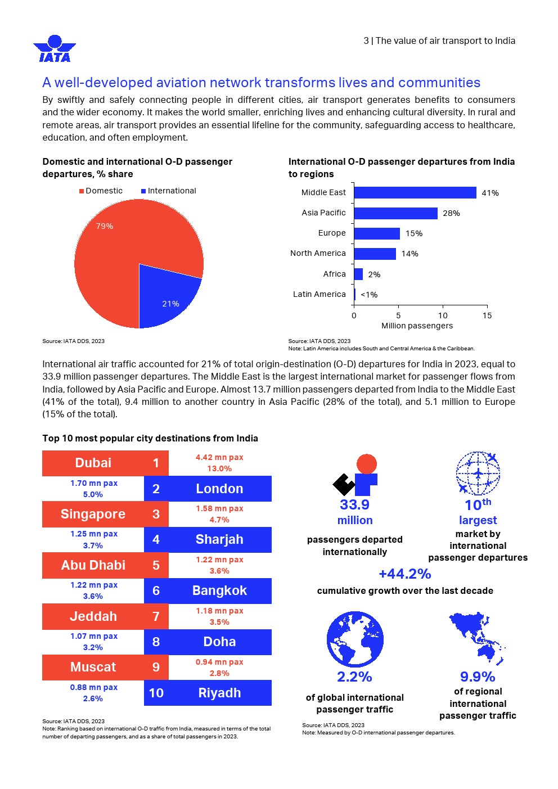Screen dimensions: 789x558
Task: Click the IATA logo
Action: coord(55,48)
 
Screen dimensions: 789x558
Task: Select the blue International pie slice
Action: coord(166,295)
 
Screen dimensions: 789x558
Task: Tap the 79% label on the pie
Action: coord(105,226)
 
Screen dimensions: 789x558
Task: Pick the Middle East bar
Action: coord(415,193)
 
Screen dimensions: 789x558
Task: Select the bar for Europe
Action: coord(377,233)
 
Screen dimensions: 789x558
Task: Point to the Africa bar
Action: coord(358,274)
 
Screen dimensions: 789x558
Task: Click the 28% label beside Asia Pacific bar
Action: coord(451,213)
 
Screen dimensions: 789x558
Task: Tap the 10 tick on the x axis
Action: coord(443,315)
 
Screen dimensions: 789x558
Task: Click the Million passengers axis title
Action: coord(417,326)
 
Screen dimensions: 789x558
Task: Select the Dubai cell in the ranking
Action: coord(93,463)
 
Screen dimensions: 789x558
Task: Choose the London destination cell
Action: coord(219,489)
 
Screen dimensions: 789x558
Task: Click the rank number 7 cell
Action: coord(156,616)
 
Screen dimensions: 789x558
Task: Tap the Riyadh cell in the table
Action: coord(219,693)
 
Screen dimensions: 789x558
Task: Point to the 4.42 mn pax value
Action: coord(219,457)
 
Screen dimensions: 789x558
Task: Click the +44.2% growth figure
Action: coord(404,574)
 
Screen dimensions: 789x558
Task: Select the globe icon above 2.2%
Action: coord(355,640)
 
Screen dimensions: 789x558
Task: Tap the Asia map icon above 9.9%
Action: coord(477,638)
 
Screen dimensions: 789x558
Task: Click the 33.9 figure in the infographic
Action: coord(354,504)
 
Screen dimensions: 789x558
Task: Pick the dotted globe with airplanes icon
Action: coord(478,473)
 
